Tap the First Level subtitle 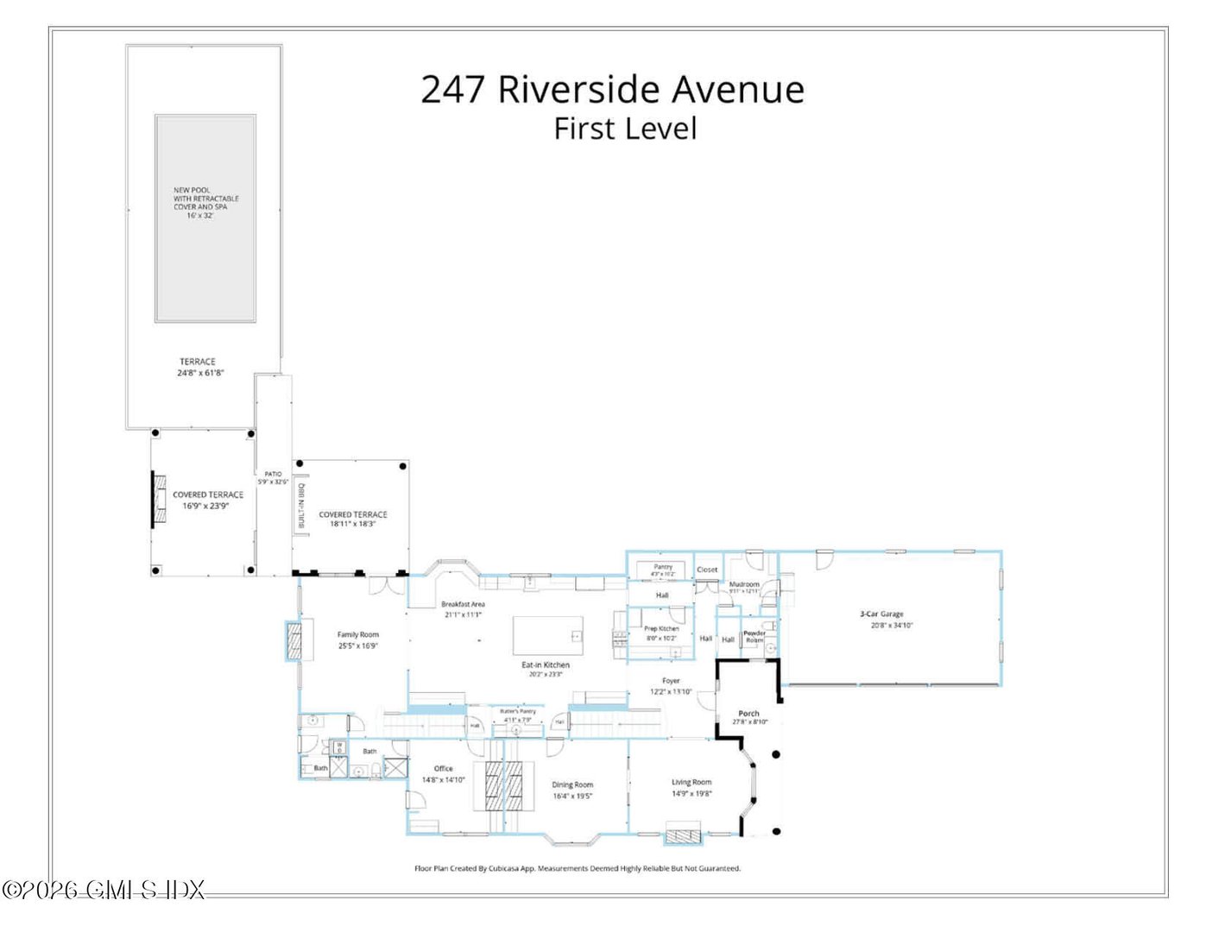click(x=624, y=129)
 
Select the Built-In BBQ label click(x=301, y=505)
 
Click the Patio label click(x=273, y=474)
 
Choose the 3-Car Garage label click(x=881, y=614)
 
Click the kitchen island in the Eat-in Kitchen click(x=547, y=636)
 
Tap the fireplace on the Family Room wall click(x=294, y=641)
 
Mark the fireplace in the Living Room click(x=684, y=835)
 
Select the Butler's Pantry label click(x=518, y=711)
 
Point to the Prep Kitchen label click(x=661, y=628)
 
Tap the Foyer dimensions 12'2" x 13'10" click(x=671, y=691)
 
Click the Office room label click(x=443, y=768)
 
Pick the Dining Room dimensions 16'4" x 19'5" click(x=572, y=796)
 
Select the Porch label click(x=748, y=713)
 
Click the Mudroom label click(x=743, y=584)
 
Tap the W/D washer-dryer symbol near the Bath click(x=339, y=746)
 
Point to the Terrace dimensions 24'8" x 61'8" click(x=200, y=373)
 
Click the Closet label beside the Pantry click(x=707, y=570)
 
